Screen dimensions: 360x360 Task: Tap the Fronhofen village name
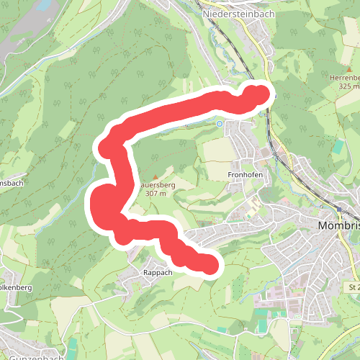pos(244,175)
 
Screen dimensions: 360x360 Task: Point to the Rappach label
pos(157,273)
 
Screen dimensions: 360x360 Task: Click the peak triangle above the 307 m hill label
pos(153,176)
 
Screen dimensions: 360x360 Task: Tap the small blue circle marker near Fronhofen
pos(220,123)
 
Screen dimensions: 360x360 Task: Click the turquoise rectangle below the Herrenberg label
pos(338,146)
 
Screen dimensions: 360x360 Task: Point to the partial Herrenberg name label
pos(343,77)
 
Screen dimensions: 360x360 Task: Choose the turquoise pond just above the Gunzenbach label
pos(73,344)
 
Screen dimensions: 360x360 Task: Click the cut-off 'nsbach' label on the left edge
pos(12,183)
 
